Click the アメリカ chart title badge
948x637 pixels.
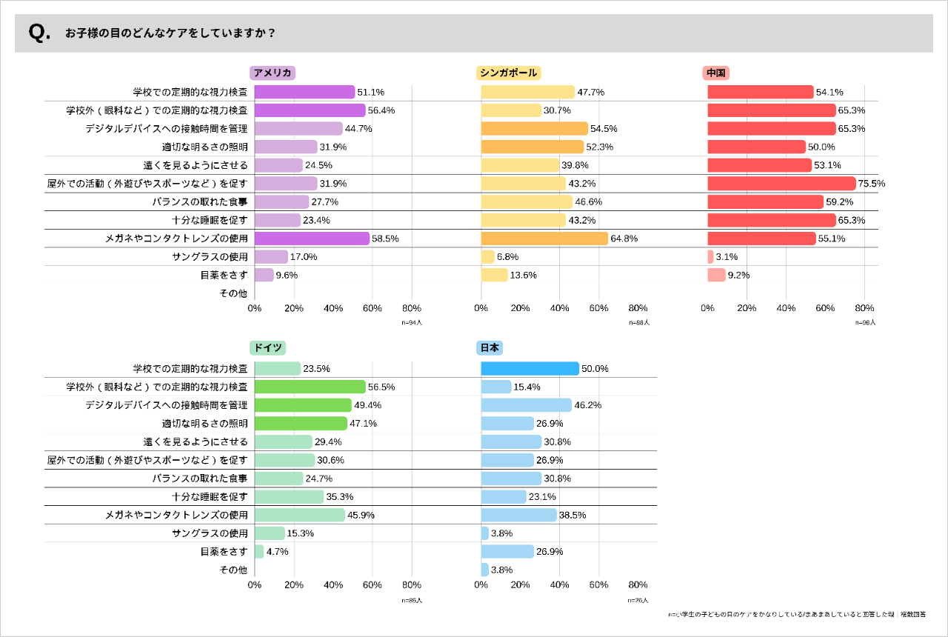click(x=273, y=73)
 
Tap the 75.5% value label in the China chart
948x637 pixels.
click(x=872, y=184)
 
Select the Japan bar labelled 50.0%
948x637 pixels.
click(x=530, y=368)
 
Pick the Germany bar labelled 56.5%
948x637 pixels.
click(x=310, y=387)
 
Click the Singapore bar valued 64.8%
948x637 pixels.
click(x=544, y=239)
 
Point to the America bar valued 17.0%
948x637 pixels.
click(x=271, y=257)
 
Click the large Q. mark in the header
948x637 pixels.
click(x=39, y=33)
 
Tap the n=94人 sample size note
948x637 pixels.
click(x=412, y=322)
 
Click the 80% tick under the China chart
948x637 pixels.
click(x=864, y=308)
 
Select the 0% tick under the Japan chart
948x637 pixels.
click(x=481, y=584)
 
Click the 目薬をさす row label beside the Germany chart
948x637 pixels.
click(x=224, y=552)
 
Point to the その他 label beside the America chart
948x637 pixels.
click(x=233, y=293)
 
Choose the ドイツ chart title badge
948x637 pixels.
click(x=267, y=348)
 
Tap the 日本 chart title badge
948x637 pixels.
click(x=490, y=348)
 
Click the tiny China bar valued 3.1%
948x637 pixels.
click(x=710, y=257)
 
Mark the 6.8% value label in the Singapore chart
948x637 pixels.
click(x=507, y=257)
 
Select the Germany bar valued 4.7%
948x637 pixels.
click(x=259, y=551)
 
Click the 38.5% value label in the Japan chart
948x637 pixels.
click(x=571, y=515)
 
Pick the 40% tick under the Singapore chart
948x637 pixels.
click(x=559, y=308)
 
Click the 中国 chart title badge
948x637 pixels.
click(x=716, y=73)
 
